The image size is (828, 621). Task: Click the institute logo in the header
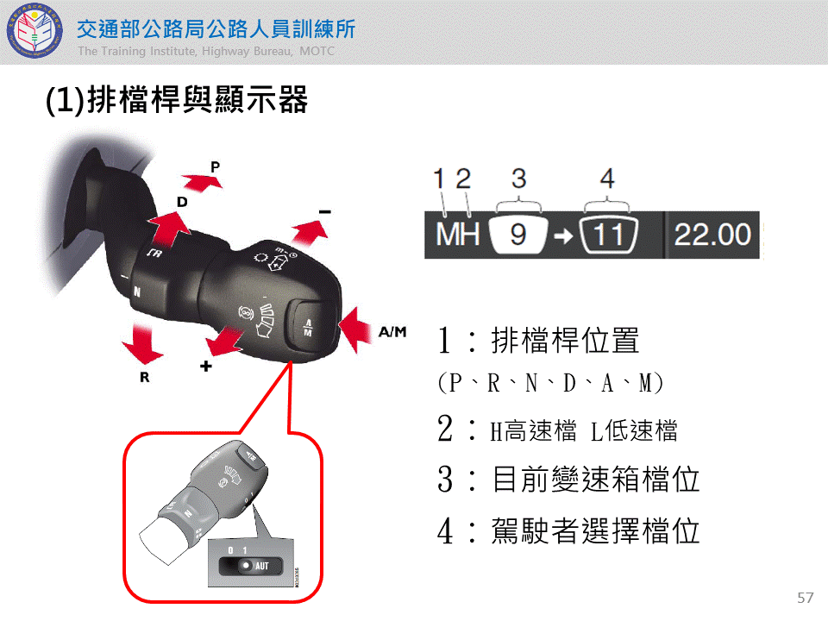[x=34, y=31]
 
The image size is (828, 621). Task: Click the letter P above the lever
[x=215, y=166]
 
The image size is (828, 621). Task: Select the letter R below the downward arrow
[x=145, y=377]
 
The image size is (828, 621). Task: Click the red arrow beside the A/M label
[x=354, y=330]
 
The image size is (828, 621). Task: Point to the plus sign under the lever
[x=206, y=366]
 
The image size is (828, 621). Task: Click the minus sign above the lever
[x=325, y=212]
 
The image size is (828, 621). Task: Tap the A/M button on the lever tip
[x=309, y=328]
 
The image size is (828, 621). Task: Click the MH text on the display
[x=457, y=235]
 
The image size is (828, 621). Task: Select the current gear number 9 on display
[x=518, y=235]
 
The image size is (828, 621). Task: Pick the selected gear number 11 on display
[x=608, y=235]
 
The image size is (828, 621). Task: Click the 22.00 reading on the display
[x=712, y=235]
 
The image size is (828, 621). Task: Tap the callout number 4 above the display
[x=607, y=179]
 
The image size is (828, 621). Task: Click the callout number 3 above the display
[x=518, y=179]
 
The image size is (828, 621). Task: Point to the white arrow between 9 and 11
[x=563, y=235]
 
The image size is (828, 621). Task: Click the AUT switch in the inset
[x=251, y=566]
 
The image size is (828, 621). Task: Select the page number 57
[x=806, y=598]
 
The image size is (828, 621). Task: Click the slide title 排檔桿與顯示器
[x=197, y=99]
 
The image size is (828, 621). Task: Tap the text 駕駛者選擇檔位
[x=595, y=530]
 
